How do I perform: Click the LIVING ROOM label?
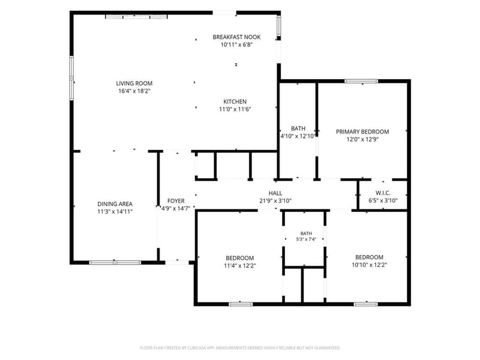134,83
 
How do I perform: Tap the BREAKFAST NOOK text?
236,37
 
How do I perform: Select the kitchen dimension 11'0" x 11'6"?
235,109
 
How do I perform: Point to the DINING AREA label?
115,204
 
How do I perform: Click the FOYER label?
176,201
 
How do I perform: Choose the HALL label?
275,193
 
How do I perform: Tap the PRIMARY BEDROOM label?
362,131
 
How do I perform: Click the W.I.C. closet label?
383,193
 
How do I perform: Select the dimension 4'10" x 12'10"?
298,136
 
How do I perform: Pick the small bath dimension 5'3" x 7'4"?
306,239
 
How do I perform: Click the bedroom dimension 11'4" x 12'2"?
240,266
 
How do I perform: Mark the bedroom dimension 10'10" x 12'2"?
370,265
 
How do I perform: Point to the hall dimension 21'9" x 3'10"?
275,201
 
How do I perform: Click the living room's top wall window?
136,17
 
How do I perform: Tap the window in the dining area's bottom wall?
115,262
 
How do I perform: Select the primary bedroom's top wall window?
361,81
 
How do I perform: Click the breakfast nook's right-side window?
279,26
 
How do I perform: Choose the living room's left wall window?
71,78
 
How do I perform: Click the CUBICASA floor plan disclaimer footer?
240,348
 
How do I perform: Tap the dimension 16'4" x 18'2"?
134,91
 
